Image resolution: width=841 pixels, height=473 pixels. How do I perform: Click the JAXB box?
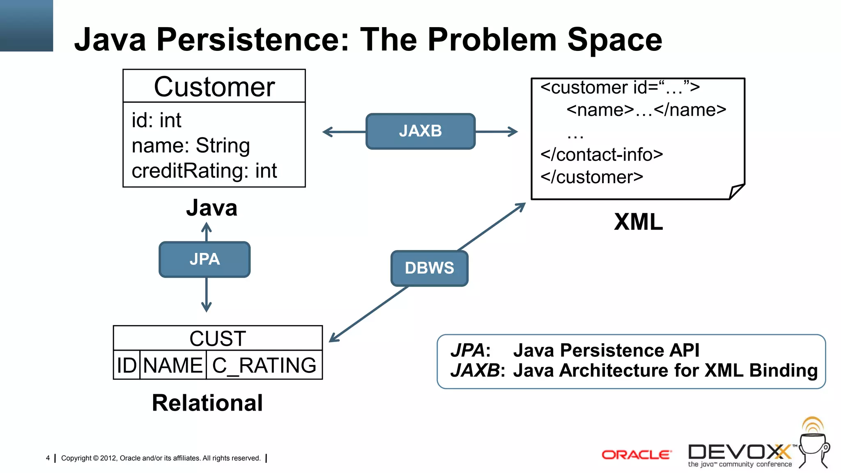[x=420, y=131]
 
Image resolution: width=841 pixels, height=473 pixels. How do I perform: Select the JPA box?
[x=205, y=259]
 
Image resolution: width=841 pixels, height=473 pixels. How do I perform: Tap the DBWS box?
[x=429, y=268]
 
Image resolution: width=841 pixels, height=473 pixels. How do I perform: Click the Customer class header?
[x=214, y=87]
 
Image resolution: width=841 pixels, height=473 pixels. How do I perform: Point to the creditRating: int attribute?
[x=204, y=171]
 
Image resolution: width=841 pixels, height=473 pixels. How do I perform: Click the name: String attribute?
[x=191, y=146]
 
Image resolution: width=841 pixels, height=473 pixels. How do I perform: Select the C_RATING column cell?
[x=264, y=365]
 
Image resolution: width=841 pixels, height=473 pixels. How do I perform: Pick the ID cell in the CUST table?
[x=126, y=365]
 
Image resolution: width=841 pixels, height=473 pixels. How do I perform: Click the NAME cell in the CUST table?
[x=173, y=365]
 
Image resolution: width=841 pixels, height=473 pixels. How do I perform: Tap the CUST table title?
[x=218, y=338]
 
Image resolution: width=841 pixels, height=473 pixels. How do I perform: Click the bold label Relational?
[x=207, y=403]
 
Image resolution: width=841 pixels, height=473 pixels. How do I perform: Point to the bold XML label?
[x=638, y=222]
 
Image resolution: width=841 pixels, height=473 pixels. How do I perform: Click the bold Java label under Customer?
[x=211, y=208]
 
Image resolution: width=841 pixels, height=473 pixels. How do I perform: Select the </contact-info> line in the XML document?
[x=602, y=155]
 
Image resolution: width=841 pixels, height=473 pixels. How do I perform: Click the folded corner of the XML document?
[x=736, y=191]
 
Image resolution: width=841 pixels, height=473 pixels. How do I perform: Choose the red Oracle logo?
[x=636, y=455]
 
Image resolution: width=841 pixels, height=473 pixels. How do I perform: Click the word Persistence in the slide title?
[x=252, y=39]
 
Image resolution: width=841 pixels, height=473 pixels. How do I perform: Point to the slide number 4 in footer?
[x=48, y=458]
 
